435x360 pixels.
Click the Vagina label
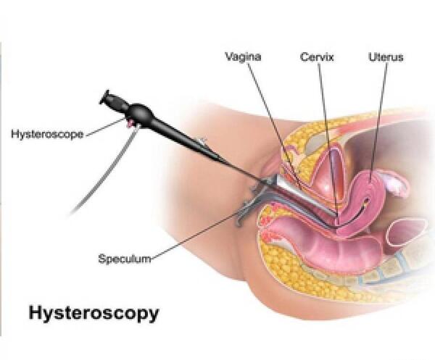[x=243, y=56]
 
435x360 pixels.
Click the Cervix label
[x=317, y=57]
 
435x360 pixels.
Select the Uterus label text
[x=386, y=57]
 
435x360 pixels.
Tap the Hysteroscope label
[x=47, y=134]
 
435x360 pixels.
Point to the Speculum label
[x=125, y=259]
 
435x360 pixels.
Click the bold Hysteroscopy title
[x=94, y=313]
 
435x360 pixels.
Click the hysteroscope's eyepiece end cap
[x=104, y=97]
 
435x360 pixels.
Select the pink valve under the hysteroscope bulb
[x=130, y=122]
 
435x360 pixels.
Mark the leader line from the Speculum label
[x=193, y=236]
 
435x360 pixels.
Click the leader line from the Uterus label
[x=378, y=122]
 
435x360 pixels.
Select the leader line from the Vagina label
[x=274, y=125]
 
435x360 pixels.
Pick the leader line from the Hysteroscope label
[x=106, y=127]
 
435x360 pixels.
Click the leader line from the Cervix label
[x=328, y=139]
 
